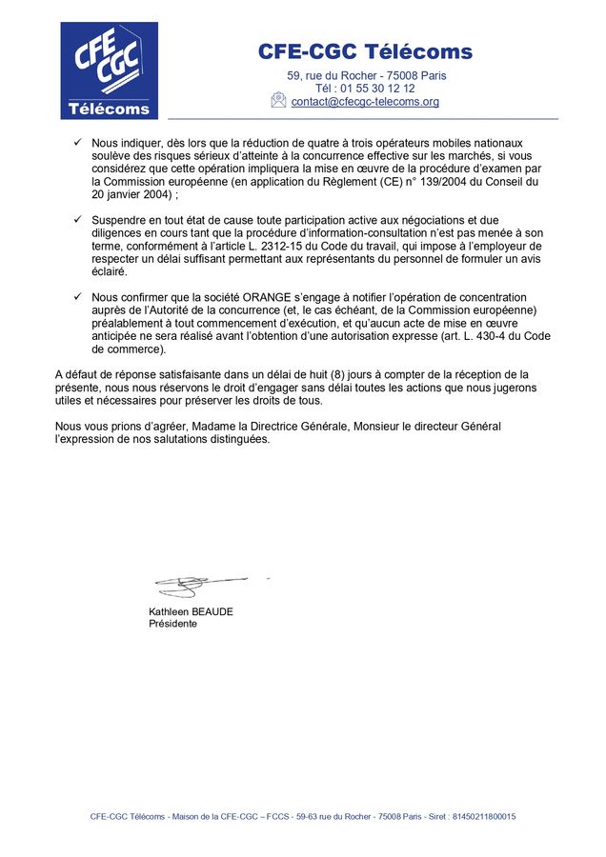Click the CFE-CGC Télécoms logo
(x=110, y=70)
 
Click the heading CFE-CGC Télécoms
(x=365, y=51)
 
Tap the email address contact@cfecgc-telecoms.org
(x=365, y=102)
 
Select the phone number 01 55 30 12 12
(x=377, y=89)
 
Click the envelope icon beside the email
(x=278, y=100)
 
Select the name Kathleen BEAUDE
(x=191, y=611)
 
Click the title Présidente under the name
(x=172, y=624)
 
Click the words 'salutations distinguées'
(x=212, y=440)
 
